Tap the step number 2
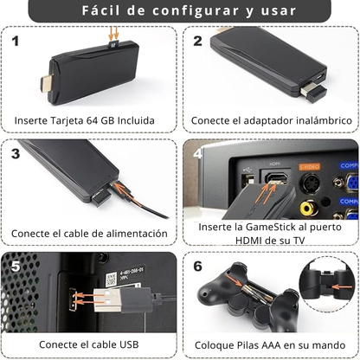point(198,41)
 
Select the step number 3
point(16,154)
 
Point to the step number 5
point(16,267)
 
